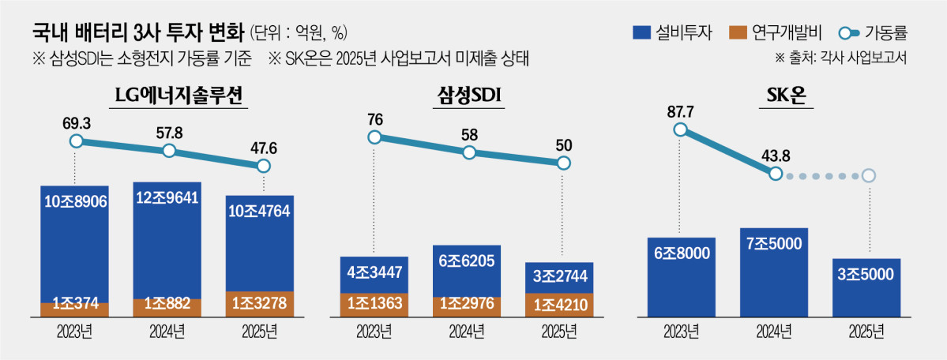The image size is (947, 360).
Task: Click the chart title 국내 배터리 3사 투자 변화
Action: [x=138, y=32]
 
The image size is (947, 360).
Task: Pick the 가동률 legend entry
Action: [x=874, y=33]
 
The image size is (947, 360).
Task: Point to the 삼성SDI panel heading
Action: [x=469, y=96]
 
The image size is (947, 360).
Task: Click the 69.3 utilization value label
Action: [x=76, y=125]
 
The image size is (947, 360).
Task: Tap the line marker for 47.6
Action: [x=264, y=166]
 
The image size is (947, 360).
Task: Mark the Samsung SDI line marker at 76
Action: [x=375, y=137]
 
